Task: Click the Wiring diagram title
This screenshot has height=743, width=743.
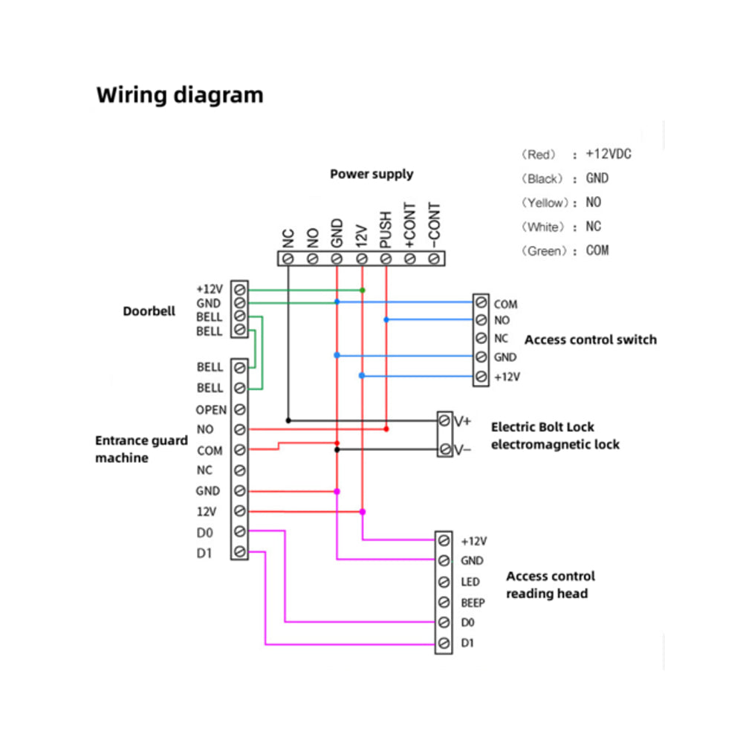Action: pyautogui.click(x=180, y=95)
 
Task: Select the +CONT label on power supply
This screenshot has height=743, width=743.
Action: pyautogui.click(x=409, y=226)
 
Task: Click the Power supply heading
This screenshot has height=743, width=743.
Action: pyautogui.click(x=371, y=174)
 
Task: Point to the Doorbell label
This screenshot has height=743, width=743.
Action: pyautogui.click(x=149, y=311)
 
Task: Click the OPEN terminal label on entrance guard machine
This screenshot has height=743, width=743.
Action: pyautogui.click(x=211, y=409)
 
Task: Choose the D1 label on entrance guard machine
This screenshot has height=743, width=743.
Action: pyautogui.click(x=204, y=552)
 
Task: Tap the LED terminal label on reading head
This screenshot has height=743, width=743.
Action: pyautogui.click(x=470, y=582)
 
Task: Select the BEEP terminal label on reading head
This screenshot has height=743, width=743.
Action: pyautogui.click(x=473, y=603)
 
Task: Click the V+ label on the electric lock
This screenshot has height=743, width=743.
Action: pyautogui.click(x=462, y=421)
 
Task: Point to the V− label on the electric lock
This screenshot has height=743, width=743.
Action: pyautogui.click(x=462, y=450)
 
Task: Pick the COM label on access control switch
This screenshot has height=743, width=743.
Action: pyautogui.click(x=505, y=304)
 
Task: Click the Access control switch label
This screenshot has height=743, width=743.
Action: pyautogui.click(x=591, y=340)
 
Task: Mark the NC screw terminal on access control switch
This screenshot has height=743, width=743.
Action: pyautogui.click(x=481, y=338)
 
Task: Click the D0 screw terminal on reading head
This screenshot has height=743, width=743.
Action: pyautogui.click(x=444, y=622)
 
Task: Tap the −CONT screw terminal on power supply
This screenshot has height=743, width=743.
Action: pyautogui.click(x=433, y=259)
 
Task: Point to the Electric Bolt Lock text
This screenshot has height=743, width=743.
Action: pyautogui.click(x=542, y=427)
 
